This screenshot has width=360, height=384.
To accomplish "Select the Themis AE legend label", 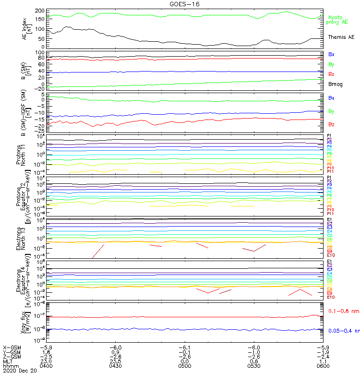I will [341, 37].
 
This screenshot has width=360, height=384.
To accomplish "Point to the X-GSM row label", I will [12, 348].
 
